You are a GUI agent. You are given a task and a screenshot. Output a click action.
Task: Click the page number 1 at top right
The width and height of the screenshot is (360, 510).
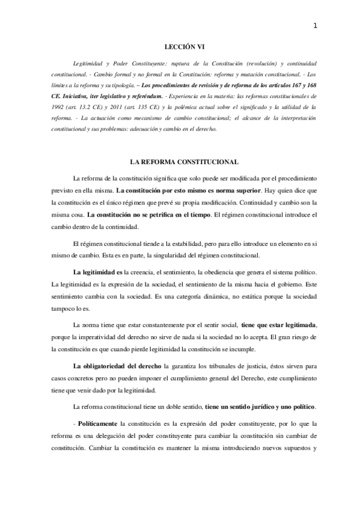point(315,26)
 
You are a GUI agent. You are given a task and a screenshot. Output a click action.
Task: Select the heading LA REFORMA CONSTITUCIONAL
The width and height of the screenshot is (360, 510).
point(180,162)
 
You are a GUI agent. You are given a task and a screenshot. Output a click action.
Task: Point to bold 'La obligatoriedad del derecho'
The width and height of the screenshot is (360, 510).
point(110,366)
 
